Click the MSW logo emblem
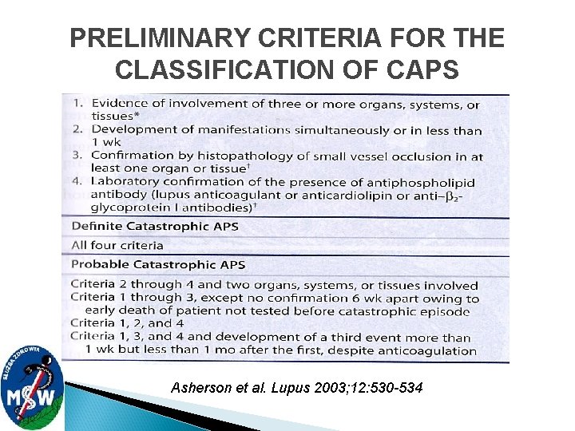coord(32,383)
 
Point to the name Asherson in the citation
coord(198,388)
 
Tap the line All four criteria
coord(117,245)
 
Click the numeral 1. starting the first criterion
coord(77,103)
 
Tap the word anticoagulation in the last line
coord(426,350)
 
